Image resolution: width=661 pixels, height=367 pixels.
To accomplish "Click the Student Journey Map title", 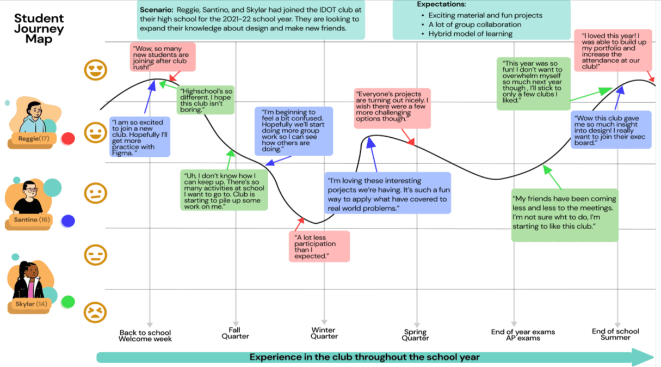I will (x=39, y=29).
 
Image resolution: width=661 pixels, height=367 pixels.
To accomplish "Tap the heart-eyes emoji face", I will (x=95, y=70).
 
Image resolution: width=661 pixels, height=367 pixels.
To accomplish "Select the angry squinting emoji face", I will (x=95, y=312).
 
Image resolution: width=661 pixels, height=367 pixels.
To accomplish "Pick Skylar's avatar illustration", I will (x=29, y=280).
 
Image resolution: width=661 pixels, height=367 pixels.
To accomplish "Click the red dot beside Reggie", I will (x=68, y=139).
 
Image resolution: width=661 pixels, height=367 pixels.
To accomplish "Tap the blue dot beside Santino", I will (x=68, y=221).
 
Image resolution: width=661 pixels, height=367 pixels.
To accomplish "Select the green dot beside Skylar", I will (x=68, y=301).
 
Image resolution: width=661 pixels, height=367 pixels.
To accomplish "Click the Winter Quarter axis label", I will (x=324, y=333).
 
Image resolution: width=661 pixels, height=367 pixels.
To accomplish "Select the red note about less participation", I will (x=319, y=246).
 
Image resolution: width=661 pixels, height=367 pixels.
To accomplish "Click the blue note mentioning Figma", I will (x=139, y=137).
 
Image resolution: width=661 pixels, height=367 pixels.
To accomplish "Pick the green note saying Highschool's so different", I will (x=206, y=100).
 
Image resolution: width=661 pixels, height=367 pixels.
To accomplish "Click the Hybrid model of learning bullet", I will (x=470, y=34).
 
